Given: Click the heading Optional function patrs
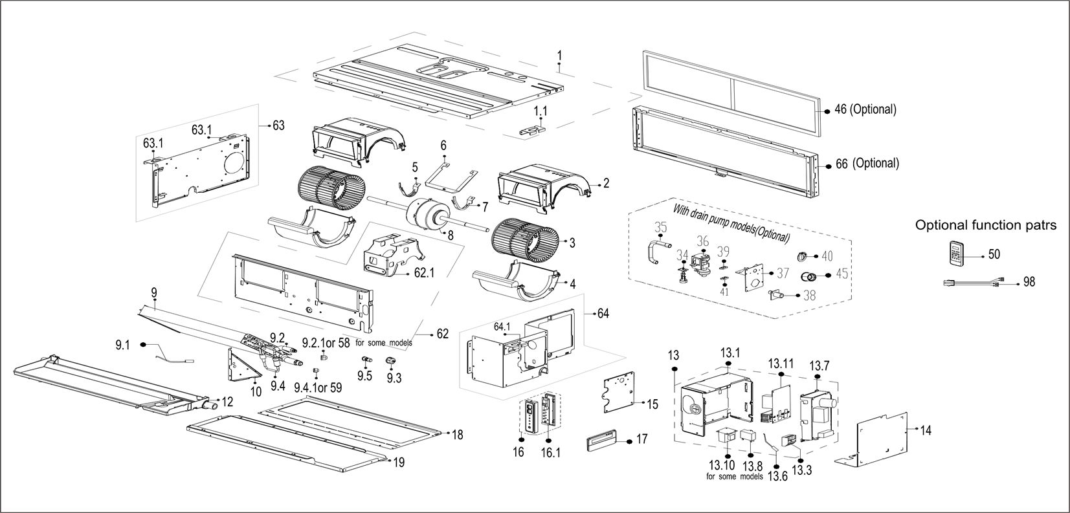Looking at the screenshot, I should pos(985,225).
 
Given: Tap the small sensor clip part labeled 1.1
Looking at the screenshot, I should pos(537,131).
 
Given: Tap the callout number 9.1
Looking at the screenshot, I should pos(122,345).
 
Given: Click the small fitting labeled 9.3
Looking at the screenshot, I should pos(391,361).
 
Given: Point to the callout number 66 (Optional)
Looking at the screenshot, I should pos(867,164).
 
